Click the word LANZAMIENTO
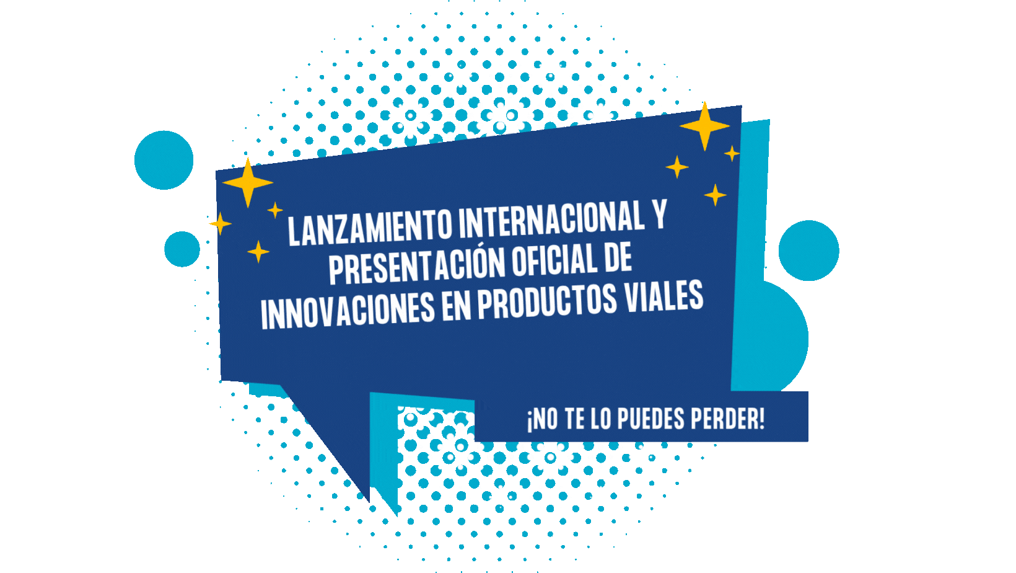(x=370, y=228)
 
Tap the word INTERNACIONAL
(x=552, y=219)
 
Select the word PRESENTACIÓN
(x=417, y=265)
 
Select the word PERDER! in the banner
(x=728, y=419)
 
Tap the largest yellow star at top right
(x=704, y=127)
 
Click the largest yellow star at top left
(x=248, y=182)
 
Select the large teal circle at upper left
(x=164, y=160)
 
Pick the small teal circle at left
(x=182, y=249)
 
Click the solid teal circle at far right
(x=808, y=251)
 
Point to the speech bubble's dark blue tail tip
(x=369, y=502)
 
